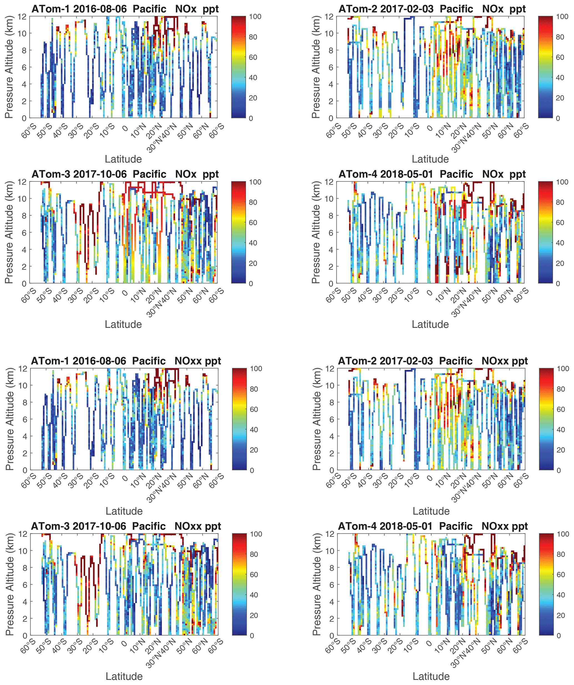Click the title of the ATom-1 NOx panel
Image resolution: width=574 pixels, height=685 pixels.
point(125,9)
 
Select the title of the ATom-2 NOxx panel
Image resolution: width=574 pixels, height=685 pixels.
point(433,361)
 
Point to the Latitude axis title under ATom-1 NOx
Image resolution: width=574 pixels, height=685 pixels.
point(123,159)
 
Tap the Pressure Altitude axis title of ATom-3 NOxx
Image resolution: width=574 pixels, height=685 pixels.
point(9,584)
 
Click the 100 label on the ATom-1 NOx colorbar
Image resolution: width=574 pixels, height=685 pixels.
point(255,17)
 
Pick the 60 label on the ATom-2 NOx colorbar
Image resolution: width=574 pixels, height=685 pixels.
point(560,57)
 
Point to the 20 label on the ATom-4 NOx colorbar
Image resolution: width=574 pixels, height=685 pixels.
point(560,263)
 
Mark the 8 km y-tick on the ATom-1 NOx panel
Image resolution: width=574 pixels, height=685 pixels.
point(24,50)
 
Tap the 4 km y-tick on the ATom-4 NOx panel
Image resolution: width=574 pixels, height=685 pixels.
point(331,249)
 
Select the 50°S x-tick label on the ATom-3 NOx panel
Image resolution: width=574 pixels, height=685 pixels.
point(44,295)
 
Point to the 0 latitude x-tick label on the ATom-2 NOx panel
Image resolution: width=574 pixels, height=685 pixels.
point(430,128)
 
